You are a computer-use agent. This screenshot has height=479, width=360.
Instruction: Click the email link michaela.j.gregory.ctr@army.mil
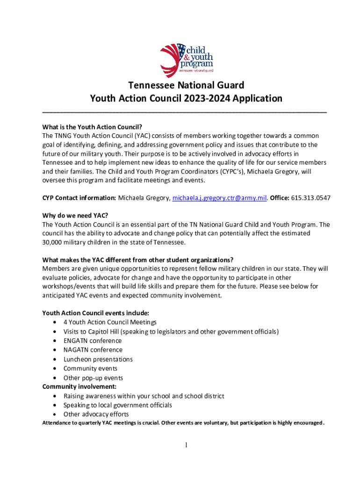[219, 198]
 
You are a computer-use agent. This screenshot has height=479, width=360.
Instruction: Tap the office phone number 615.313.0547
[310, 198]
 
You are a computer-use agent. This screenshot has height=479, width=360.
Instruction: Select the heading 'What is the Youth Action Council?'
[92, 127]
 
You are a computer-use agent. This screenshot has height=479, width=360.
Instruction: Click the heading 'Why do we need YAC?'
[75, 216]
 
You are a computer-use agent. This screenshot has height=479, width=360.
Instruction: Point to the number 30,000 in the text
[53, 242]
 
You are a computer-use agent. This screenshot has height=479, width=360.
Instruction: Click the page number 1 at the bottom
[187, 445]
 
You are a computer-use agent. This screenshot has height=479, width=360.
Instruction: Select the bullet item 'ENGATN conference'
[93, 341]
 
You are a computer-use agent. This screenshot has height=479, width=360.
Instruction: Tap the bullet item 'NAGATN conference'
[93, 350]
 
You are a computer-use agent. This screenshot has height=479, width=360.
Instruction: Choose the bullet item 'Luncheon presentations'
[98, 359]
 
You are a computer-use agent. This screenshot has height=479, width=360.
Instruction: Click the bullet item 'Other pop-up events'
[93, 377]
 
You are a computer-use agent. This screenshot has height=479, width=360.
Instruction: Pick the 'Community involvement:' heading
[79, 386]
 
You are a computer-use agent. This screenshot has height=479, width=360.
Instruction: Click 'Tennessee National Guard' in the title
[186, 86]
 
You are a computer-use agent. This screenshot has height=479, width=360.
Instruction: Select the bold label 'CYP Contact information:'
[79, 198]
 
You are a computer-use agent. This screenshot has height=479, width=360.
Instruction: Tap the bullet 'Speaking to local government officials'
[117, 405]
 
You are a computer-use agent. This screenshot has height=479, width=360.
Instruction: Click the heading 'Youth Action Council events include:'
[96, 313]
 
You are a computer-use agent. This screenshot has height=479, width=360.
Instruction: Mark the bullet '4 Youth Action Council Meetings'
[110, 322]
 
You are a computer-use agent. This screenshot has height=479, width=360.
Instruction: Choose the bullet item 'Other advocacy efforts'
[96, 414]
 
